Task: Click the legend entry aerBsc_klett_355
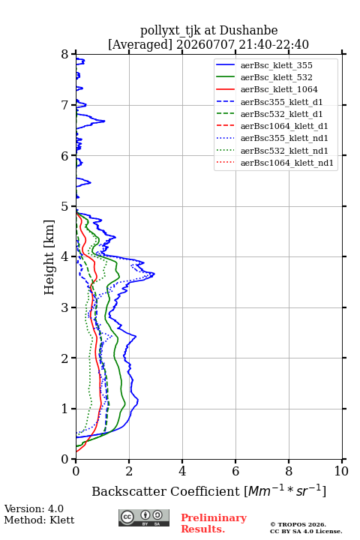276,65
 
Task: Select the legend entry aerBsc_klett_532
276,77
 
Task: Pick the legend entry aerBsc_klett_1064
279,89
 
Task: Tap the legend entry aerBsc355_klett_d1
281,102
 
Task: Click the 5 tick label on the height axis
65,206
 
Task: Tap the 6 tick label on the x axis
235,471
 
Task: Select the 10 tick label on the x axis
341,471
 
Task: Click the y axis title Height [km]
49,257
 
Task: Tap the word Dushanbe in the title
249,30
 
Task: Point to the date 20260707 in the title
205,44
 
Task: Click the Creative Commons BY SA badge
144,517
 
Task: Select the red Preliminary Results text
214,523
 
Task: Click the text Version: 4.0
34,508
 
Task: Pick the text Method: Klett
39,520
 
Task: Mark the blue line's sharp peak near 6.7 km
104,121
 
